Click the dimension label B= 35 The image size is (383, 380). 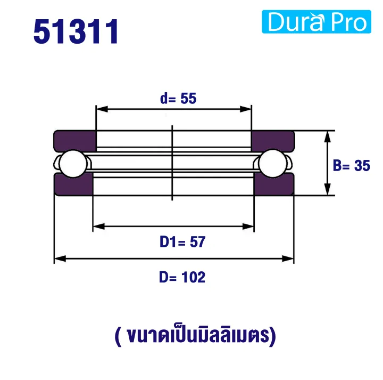(351, 166)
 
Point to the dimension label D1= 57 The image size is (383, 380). (174, 242)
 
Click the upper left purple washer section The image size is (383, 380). (74, 140)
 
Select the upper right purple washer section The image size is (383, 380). (273, 140)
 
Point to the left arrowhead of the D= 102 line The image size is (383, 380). (60, 259)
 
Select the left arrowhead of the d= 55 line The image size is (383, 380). (101, 109)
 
